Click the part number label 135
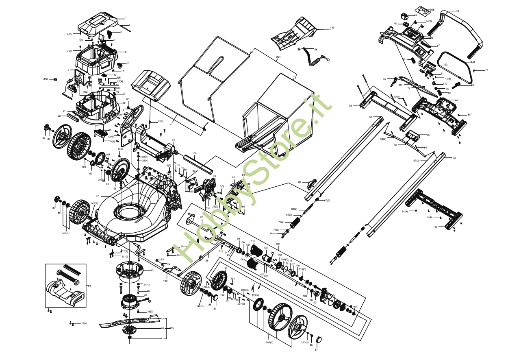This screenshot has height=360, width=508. click(332, 28)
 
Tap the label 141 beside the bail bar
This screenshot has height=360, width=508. click(473, 62)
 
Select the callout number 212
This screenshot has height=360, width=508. click(46, 79)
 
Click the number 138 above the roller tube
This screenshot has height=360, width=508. click(194, 153)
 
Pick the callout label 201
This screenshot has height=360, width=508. click(278, 244)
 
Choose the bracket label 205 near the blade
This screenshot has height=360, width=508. click(172, 328)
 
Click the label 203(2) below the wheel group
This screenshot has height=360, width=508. click(269, 343)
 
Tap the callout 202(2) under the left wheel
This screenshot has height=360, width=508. click(65, 233)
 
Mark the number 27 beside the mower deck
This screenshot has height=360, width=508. click(98, 196)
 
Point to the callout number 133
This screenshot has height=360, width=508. click(165, 281)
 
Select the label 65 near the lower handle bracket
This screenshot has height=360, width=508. click(436, 227)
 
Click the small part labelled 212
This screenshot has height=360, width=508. click(52, 79)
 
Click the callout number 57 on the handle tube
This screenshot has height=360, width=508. click(371, 117)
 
